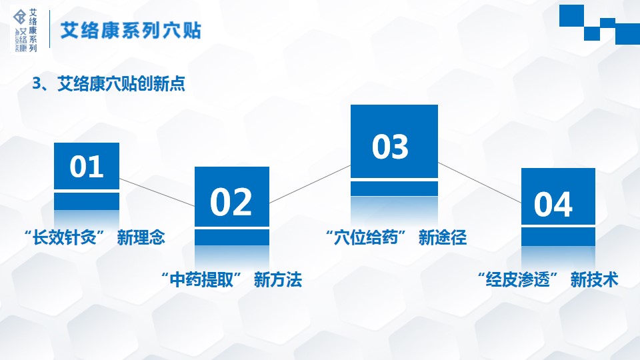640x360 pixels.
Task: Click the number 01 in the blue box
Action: [x=87, y=167]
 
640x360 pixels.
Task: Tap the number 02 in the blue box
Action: [x=231, y=202]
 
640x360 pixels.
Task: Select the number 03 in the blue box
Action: [x=390, y=147]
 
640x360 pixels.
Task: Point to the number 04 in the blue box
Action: [x=553, y=205]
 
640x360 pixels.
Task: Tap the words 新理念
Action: [x=141, y=237]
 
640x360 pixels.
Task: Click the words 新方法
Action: [x=278, y=280]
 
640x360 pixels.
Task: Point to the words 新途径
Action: [x=443, y=237]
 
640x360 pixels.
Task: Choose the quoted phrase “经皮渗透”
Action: [x=518, y=280]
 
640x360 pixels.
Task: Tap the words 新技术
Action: [x=594, y=280]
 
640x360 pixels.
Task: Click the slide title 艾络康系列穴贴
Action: [x=131, y=31]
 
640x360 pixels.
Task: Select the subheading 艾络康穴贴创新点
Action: [x=121, y=84]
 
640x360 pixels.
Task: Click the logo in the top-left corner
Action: [x=25, y=30]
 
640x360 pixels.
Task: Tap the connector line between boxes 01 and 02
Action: [x=157, y=193]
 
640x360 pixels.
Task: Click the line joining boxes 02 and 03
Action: [x=310, y=184]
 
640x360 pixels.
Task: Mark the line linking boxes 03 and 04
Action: [x=479, y=183]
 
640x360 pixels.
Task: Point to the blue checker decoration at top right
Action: [x=599, y=24]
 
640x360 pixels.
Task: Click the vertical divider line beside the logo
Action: [x=49, y=29]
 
